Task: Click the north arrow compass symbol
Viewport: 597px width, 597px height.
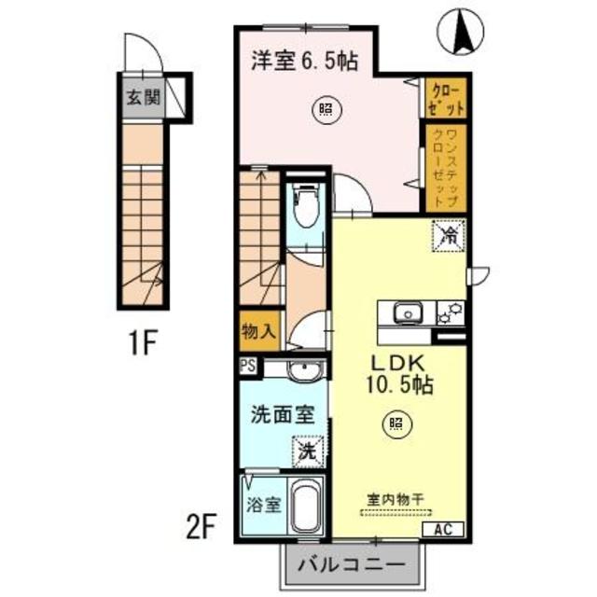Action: [x=460, y=30]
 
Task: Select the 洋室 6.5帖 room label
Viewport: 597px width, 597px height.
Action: [x=305, y=62]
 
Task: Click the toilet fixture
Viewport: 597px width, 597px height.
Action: [x=305, y=206]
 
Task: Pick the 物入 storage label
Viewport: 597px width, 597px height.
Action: [x=257, y=331]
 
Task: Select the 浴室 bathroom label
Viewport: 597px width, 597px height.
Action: [x=262, y=506]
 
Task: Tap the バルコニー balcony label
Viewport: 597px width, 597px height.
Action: [x=346, y=563]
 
